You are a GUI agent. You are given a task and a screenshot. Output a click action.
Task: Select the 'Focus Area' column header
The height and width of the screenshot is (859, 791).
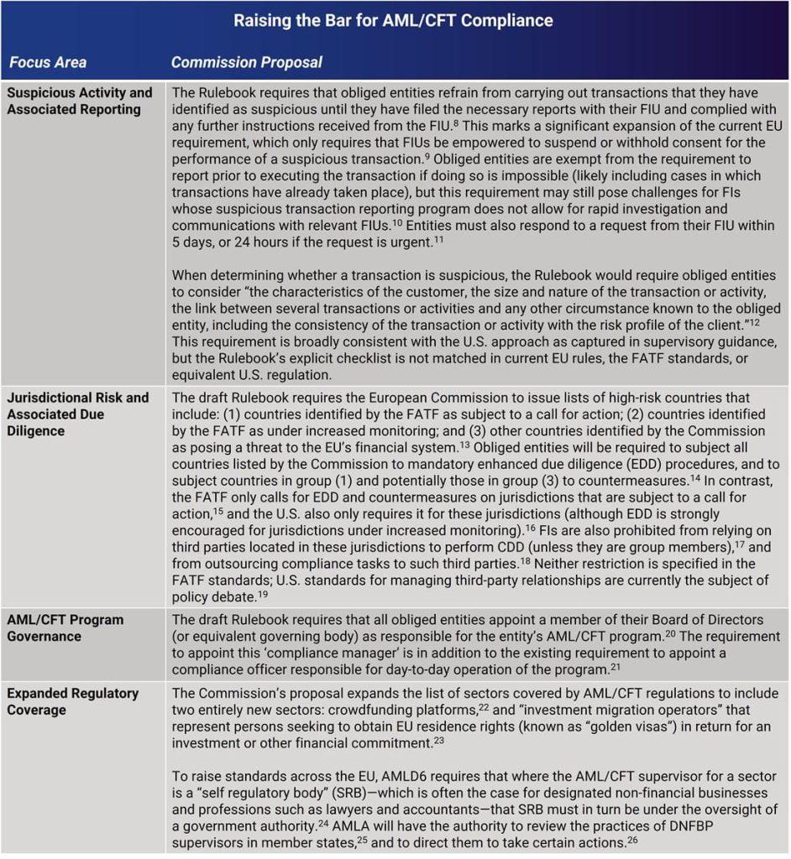coord(48,62)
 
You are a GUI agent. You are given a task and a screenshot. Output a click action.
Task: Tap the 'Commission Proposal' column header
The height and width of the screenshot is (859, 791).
coord(246,62)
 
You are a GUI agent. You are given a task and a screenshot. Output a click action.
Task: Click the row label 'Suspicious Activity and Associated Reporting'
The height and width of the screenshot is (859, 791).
coord(80,101)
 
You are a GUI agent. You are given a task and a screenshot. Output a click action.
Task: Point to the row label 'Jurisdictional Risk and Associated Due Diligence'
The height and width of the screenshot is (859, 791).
coord(77,414)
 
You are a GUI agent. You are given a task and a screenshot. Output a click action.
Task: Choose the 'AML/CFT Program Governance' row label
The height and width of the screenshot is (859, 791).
coord(65,627)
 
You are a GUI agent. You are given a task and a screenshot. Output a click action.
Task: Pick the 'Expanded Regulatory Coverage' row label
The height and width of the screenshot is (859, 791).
coord(72,701)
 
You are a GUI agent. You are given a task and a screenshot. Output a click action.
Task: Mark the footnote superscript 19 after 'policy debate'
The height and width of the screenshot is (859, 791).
coord(263,593)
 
